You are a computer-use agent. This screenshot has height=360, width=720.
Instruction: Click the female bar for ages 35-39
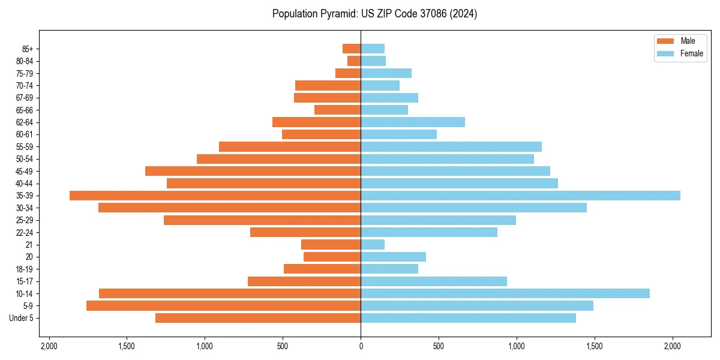pyautogui.click(x=520, y=196)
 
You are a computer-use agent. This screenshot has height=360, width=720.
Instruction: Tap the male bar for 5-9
pyautogui.click(x=223, y=305)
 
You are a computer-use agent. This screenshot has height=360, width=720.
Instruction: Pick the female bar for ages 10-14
pyautogui.click(x=505, y=293)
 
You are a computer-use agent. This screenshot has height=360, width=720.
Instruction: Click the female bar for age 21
pyautogui.click(x=373, y=244)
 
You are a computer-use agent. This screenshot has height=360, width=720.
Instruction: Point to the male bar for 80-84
pyautogui.click(x=354, y=61)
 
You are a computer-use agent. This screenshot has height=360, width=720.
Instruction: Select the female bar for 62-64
pyautogui.click(x=413, y=122)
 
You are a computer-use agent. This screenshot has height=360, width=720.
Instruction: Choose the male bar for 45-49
pyautogui.click(x=253, y=171)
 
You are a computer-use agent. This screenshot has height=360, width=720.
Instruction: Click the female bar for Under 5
pyautogui.click(x=468, y=318)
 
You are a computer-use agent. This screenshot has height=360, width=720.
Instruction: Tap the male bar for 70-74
pyautogui.click(x=328, y=85)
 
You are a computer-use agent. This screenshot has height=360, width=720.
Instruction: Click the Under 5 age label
pyautogui.click(x=22, y=318)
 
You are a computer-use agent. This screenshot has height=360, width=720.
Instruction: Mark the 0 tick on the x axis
pyautogui.click(x=361, y=346)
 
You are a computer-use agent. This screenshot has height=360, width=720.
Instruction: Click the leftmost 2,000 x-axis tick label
pyautogui.click(x=49, y=346)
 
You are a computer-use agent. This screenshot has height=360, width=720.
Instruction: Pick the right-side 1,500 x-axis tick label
pyautogui.click(x=595, y=346)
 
